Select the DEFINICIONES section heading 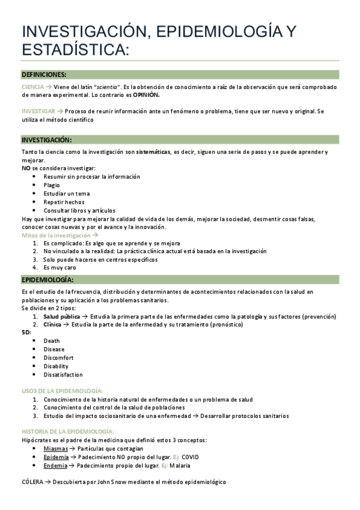44,74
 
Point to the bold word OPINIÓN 147,95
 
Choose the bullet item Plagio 52,185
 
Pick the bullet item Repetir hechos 64,202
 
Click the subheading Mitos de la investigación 56,235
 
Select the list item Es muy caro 59,267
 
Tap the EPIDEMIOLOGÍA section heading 47,280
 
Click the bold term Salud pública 62,316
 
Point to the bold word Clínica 52,324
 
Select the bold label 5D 26,332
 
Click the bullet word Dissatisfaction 63,374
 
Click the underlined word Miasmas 55,449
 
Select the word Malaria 180,465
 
